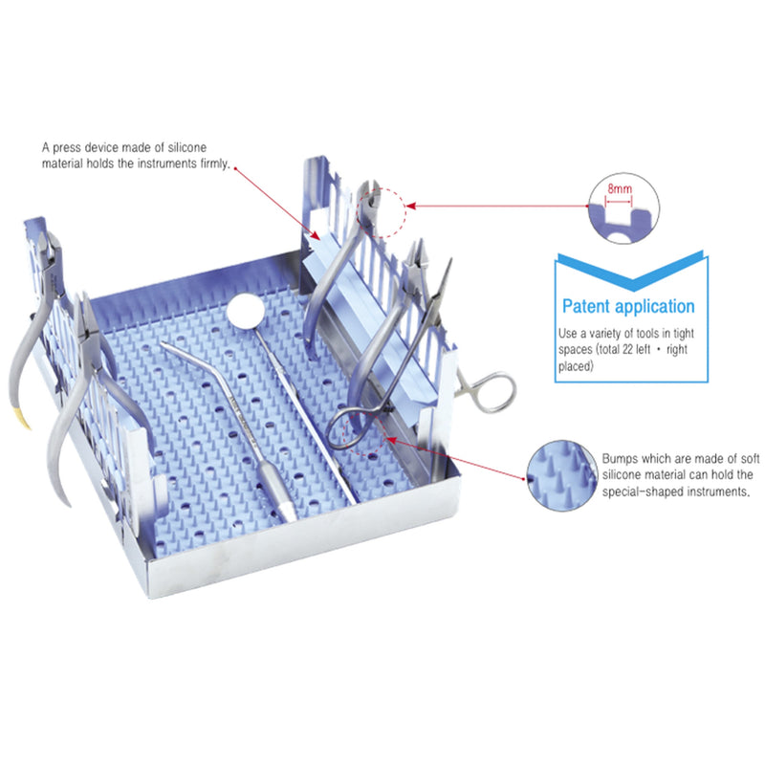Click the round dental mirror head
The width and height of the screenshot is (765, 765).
coord(245,310)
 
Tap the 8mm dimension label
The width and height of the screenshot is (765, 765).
coord(620,190)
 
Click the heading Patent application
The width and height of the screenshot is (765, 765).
coord(627,307)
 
